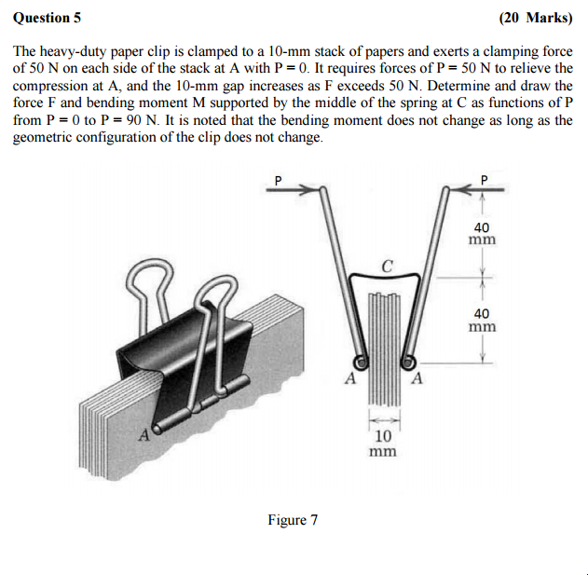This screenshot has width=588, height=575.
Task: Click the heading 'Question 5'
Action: [48, 17]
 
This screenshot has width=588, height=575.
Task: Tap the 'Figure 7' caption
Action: [293, 519]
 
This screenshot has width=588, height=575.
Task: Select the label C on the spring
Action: [387, 265]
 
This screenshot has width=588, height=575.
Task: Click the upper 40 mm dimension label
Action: [482, 233]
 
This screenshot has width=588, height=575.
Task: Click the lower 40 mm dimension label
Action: [482, 321]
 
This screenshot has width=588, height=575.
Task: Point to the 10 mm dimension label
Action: [382, 444]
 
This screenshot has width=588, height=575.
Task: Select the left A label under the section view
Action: [349, 378]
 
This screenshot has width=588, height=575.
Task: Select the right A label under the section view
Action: [417, 378]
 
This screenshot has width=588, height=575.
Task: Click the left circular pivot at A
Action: [360, 362]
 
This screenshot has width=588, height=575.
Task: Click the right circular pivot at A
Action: [407, 362]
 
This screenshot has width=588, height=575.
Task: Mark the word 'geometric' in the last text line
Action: [43, 137]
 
